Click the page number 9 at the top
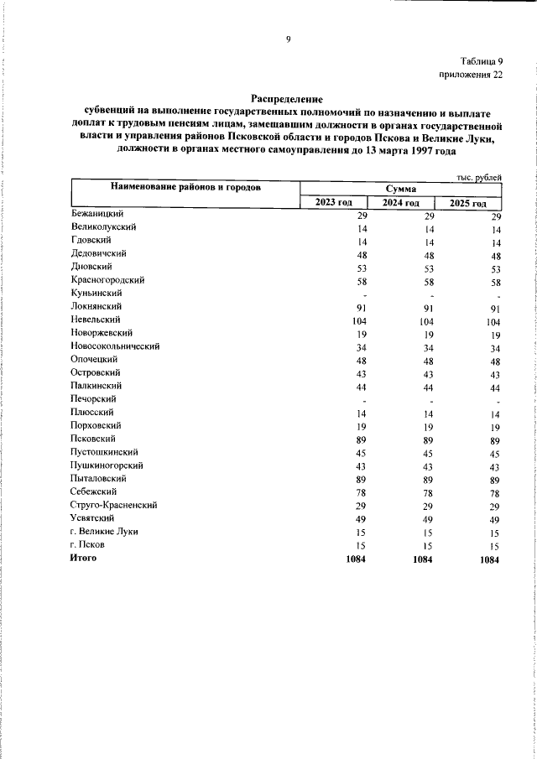point(288,39)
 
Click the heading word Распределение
point(287,98)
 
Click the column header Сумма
point(402,190)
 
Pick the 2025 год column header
point(467,204)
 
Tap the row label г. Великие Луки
point(105,531)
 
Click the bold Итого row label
point(85,558)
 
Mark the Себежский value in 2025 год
point(493,494)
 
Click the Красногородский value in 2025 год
point(493,283)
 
